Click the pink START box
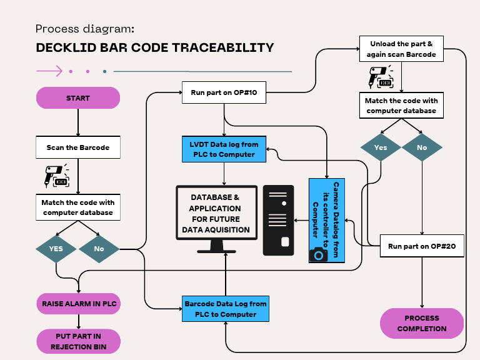tap(78, 98)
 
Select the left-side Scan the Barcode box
tap(78, 147)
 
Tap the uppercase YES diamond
tap(56, 249)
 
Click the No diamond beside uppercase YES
tap(99, 249)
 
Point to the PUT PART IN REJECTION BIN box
tap(78, 341)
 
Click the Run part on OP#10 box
tap(224, 92)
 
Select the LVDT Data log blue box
tap(223, 149)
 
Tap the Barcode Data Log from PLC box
tap(226, 309)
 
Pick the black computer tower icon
tap(278, 220)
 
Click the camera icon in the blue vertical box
tap(319, 254)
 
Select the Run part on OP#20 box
tap(422, 246)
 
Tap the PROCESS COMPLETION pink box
tap(422, 323)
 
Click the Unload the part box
tap(401, 49)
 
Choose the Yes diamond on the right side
tap(381, 148)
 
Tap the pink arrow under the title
tap(50, 71)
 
